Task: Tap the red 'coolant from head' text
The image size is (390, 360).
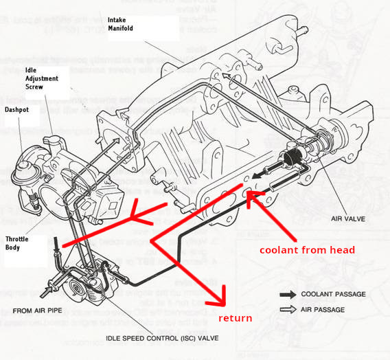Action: tap(308, 250)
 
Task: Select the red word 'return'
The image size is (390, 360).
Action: tap(236, 318)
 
